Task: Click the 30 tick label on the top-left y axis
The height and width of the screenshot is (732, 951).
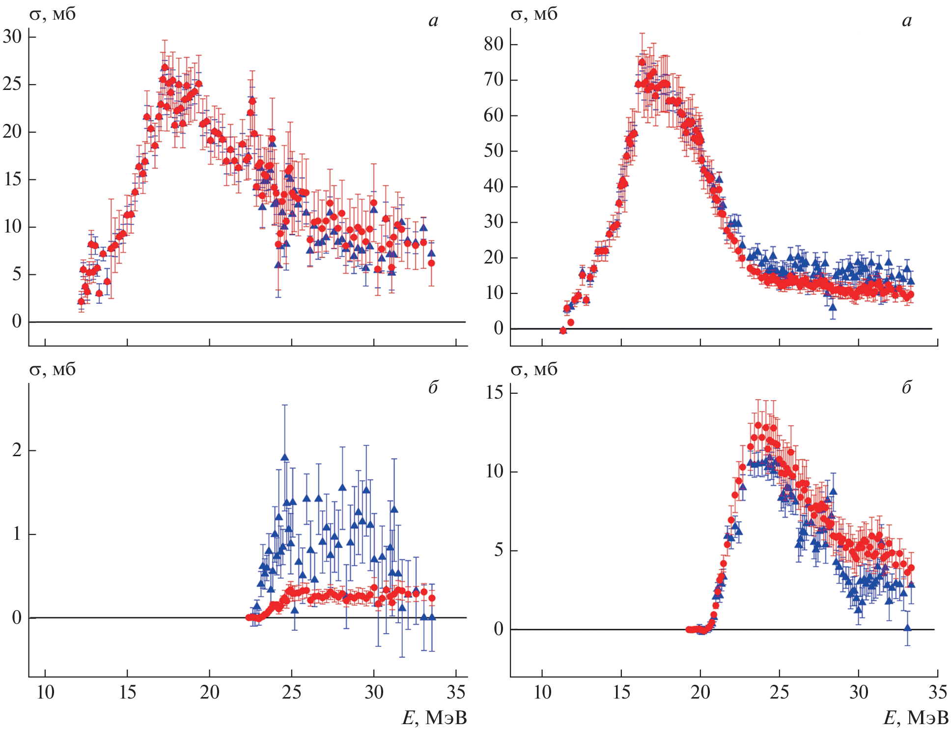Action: [x=13, y=36]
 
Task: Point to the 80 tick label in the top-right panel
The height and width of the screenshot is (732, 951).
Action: [x=493, y=44]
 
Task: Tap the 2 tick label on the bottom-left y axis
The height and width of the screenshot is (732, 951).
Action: [x=17, y=450]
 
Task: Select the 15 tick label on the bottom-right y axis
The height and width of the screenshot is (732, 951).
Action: [x=494, y=393]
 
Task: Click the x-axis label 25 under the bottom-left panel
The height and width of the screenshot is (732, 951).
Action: [x=291, y=692]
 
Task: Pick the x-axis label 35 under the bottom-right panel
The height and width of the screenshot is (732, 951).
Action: [x=937, y=692]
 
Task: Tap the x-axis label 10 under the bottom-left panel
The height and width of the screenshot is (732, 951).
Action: [x=45, y=692]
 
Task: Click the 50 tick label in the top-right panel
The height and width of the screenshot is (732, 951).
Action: [x=493, y=150]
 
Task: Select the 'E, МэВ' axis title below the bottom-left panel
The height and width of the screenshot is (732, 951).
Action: [x=434, y=718]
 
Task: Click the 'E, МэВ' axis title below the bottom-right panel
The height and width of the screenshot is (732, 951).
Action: [x=916, y=718]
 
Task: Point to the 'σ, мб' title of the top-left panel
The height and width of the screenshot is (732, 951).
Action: [x=53, y=15]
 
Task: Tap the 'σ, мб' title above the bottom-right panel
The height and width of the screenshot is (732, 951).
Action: [x=534, y=370]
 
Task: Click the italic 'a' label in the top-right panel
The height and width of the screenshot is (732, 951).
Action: [x=907, y=21]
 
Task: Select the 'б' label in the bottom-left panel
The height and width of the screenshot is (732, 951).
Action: [x=433, y=388]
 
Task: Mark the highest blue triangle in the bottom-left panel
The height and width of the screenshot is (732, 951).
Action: [x=284, y=457]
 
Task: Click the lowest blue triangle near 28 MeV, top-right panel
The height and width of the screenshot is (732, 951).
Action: [x=833, y=307]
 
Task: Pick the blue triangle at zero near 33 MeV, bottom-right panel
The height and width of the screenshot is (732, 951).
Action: [x=907, y=628]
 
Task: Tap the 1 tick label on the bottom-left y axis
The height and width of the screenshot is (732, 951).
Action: [x=17, y=534]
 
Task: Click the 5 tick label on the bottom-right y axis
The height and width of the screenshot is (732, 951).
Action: [x=499, y=550]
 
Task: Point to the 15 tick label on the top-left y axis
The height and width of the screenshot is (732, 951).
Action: [x=13, y=179]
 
